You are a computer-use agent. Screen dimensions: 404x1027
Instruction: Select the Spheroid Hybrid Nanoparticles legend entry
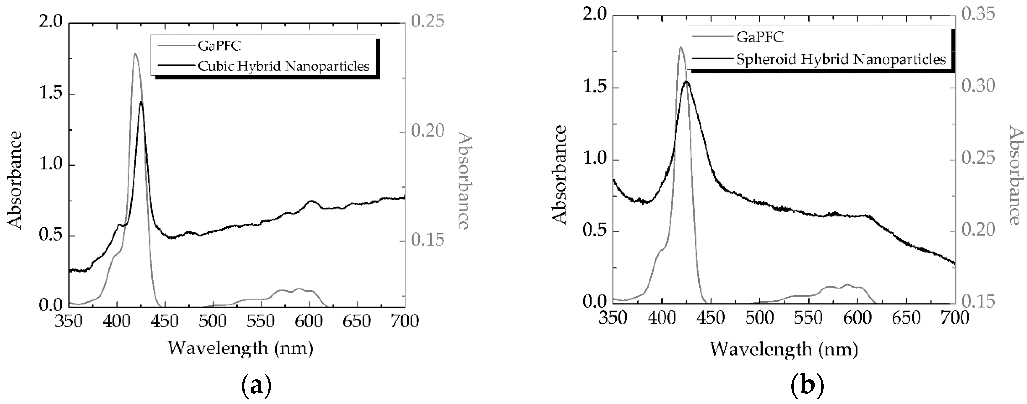pos(841,60)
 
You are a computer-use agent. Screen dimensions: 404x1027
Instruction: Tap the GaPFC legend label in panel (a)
pos(220,46)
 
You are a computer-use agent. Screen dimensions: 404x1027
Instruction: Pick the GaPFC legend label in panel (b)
pos(760,37)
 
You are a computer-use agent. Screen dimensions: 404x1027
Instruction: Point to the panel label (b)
pos(807,386)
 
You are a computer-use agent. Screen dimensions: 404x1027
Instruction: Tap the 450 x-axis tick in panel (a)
pos(166,321)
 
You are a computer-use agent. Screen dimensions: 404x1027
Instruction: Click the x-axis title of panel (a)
pos(240,348)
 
